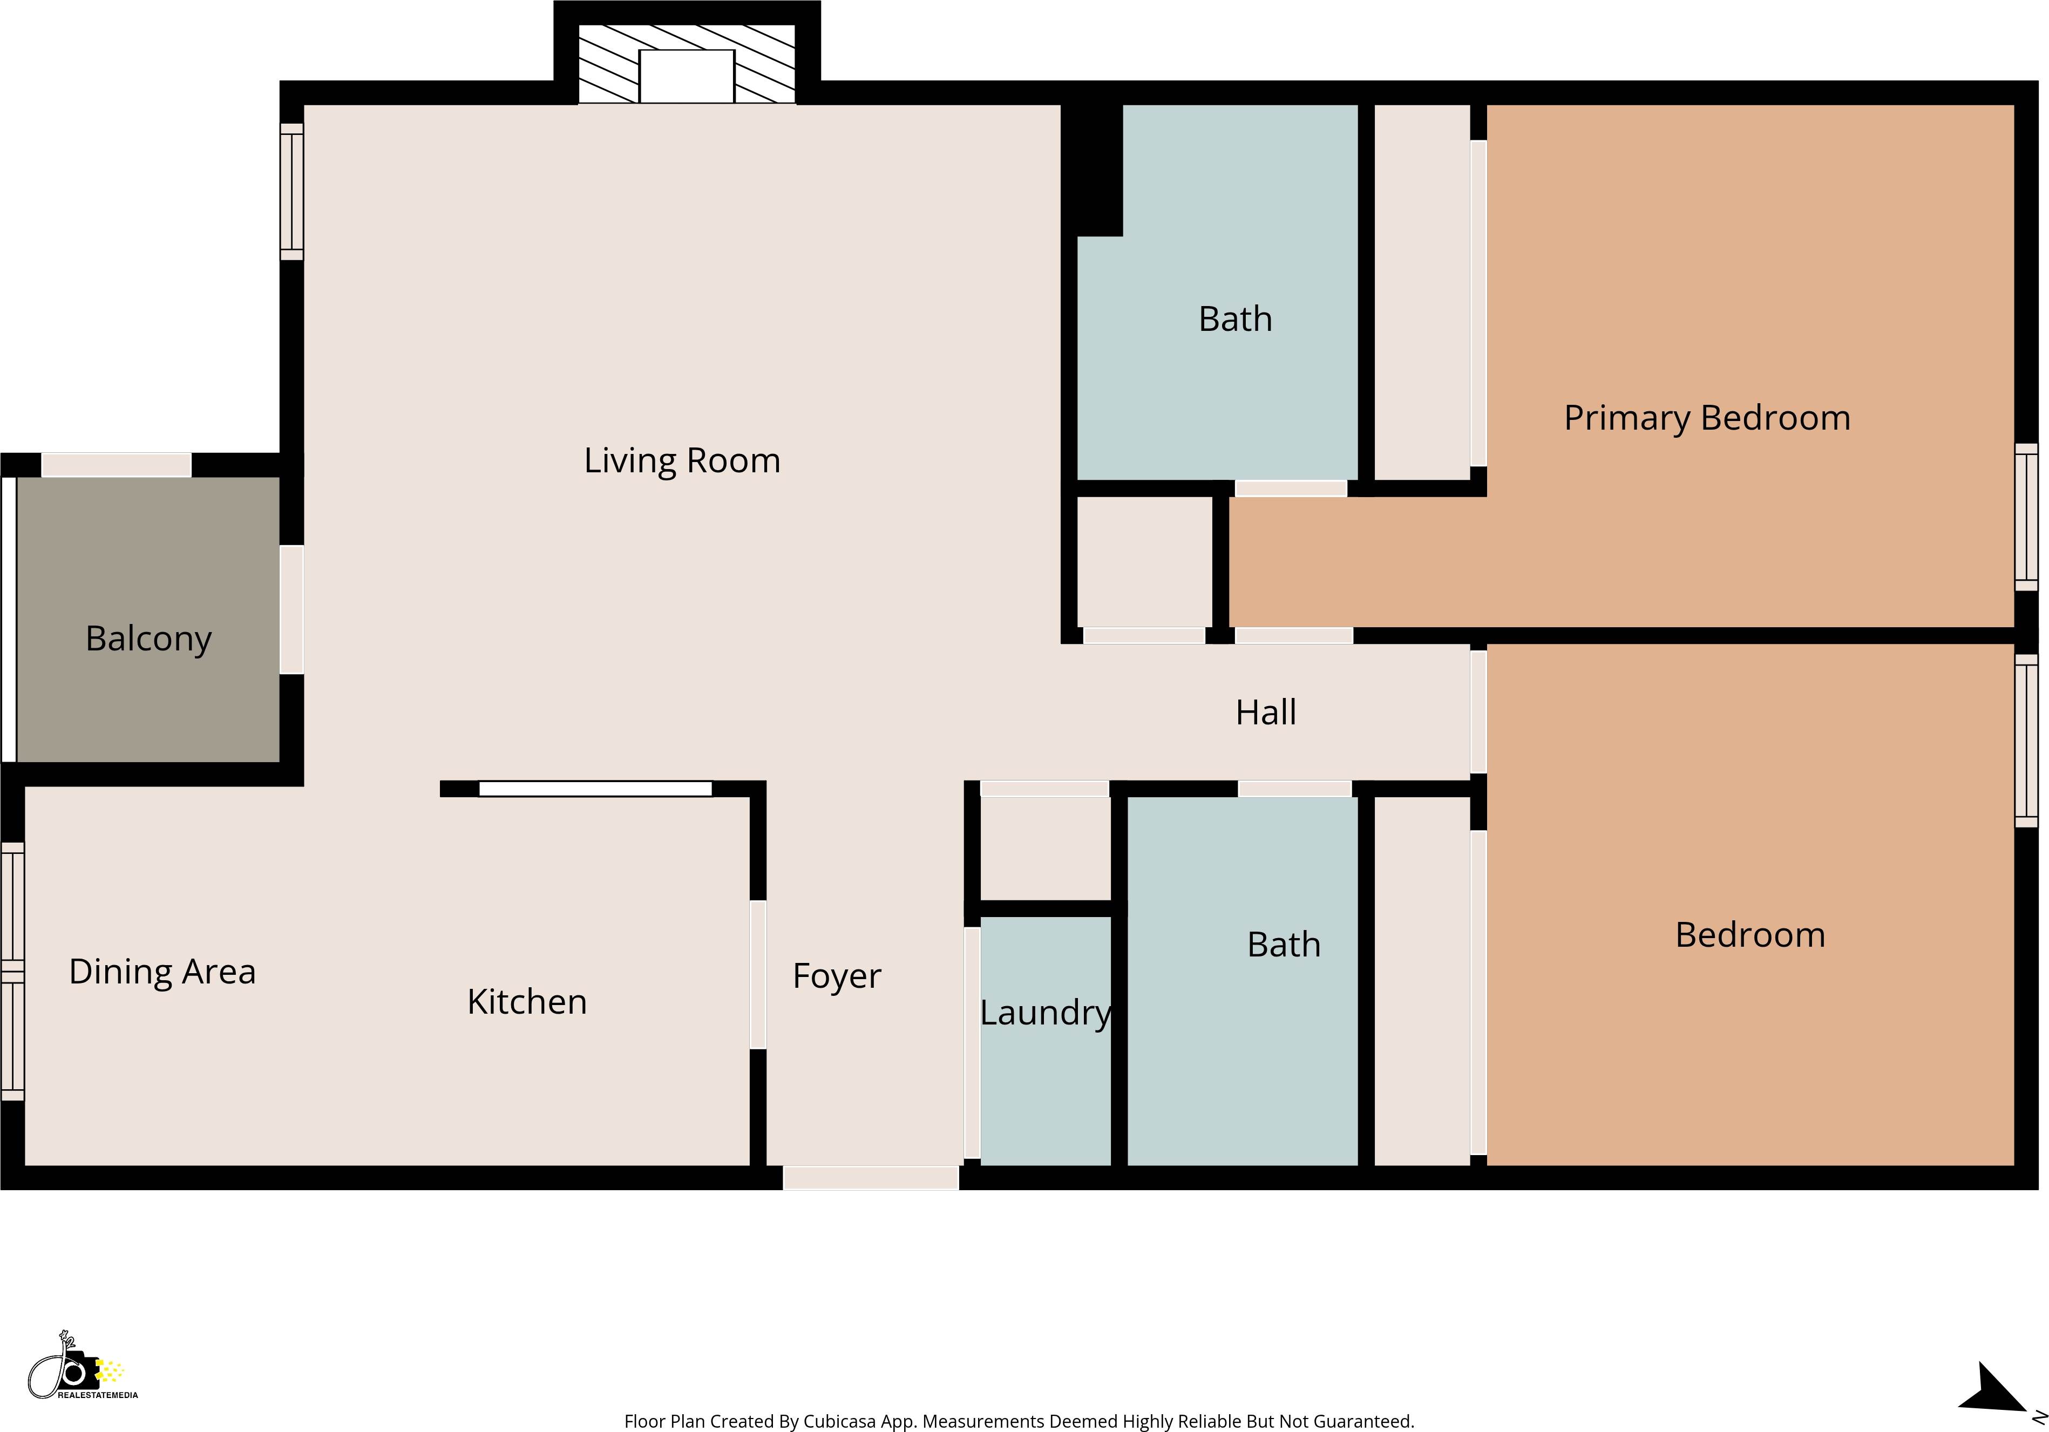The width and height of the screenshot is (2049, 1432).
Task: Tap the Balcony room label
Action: (x=148, y=639)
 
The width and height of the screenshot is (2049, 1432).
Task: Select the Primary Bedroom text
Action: (x=1706, y=418)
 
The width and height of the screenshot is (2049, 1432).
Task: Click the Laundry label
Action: (x=1045, y=1013)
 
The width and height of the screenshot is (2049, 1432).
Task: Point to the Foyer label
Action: (x=836, y=976)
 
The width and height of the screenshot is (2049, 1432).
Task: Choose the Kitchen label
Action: (x=526, y=1002)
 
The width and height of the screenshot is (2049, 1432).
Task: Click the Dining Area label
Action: (x=162, y=972)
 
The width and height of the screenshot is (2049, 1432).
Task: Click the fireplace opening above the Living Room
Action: (x=686, y=77)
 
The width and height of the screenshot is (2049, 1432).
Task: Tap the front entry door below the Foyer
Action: (x=870, y=1178)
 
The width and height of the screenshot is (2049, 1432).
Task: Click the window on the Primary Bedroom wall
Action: (x=2026, y=518)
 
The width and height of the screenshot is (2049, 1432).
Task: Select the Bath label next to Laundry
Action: (x=1283, y=944)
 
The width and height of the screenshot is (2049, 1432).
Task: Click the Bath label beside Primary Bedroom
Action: (x=1235, y=318)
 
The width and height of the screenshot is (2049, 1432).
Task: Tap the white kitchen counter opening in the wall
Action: (x=595, y=789)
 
